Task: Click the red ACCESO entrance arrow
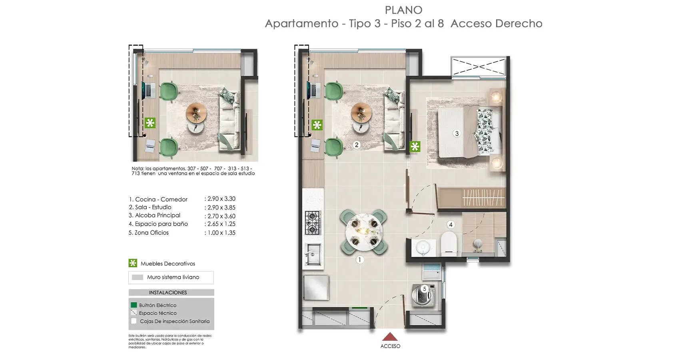pos(390,336)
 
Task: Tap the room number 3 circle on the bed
pos(457,134)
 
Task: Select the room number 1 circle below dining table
pos(359,260)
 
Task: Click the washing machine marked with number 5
pos(423,295)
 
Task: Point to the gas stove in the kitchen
pos(312,223)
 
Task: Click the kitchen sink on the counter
pos(313,254)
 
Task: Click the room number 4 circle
pos(451,225)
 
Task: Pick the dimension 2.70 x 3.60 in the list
pos(221,216)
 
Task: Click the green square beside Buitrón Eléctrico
pos(134,305)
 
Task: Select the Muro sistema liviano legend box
pos(171,277)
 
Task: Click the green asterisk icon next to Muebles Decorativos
pos(133,263)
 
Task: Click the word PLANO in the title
pos(403,10)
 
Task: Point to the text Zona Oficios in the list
pos(152,233)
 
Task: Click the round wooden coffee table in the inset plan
pos(196,113)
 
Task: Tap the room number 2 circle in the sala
pos(357,145)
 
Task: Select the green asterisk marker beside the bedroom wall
pos(415,146)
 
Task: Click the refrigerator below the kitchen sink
pos(316,287)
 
